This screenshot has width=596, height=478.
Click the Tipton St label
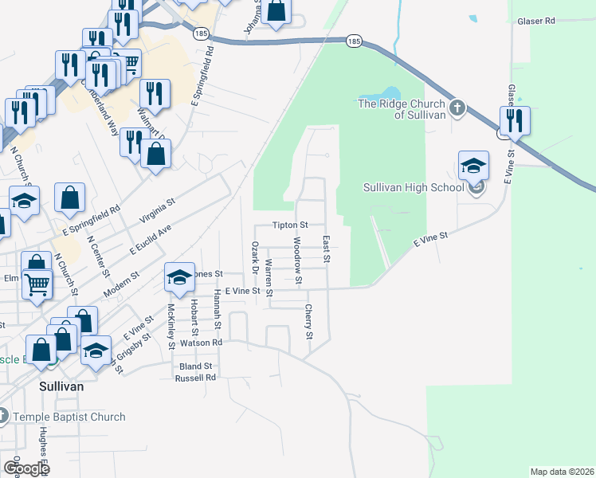(x=290, y=226)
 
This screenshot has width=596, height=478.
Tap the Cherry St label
(x=308, y=320)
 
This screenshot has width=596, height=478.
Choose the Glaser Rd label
(x=535, y=22)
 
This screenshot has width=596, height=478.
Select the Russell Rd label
(x=196, y=378)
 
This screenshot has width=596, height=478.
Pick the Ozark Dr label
(x=255, y=260)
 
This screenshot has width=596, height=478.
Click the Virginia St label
(x=157, y=214)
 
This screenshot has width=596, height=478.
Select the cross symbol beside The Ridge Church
(x=457, y=108)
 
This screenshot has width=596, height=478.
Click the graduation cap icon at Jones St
(x=179, y=277)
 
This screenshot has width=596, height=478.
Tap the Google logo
(x=25, y=468)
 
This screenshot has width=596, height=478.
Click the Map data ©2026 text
(x=562, y=472)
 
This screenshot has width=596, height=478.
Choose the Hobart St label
(x=194, y=318)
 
